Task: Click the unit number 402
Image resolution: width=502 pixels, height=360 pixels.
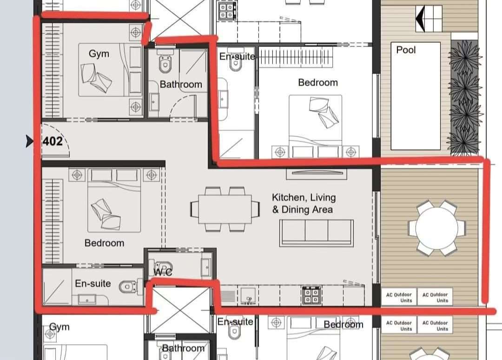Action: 53,141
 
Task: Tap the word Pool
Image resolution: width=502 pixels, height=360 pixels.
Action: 406,50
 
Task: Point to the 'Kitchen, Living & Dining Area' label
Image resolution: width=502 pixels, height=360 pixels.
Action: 304,203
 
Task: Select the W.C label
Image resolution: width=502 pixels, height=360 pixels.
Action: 163,272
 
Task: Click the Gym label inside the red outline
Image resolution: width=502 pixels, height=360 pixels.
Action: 99,54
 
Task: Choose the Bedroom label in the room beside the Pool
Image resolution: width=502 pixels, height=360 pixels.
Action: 317,82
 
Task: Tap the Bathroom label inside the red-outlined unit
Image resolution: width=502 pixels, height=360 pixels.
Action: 180,84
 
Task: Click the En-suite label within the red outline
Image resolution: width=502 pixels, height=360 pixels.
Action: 93,283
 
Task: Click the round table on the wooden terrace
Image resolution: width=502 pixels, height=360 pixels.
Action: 436,228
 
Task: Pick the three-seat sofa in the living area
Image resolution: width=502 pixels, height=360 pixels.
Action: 317,233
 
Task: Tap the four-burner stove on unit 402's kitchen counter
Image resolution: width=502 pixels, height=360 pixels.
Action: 311,295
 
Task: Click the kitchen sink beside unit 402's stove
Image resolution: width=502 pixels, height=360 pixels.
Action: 248,296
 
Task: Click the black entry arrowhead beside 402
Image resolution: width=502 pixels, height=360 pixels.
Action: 29,141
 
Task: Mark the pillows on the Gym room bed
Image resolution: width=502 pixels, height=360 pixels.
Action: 96,77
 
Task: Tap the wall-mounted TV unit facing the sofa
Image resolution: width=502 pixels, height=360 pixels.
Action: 317,173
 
